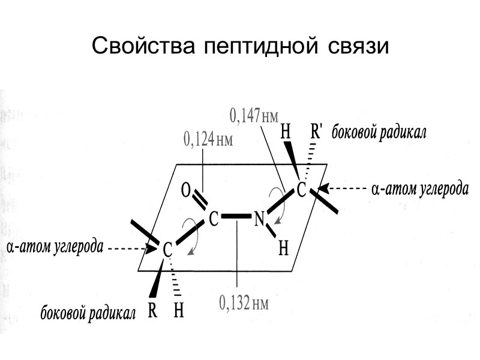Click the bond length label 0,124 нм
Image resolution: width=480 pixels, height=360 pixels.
(207, 140)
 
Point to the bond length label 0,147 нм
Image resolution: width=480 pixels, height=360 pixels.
(255, 115)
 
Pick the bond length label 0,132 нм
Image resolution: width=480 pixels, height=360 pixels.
(243, 303)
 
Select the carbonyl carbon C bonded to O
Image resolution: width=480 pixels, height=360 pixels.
(213, 218)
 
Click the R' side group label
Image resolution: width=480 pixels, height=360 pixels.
(316, 132)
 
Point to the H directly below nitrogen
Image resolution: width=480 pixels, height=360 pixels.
(284, 247)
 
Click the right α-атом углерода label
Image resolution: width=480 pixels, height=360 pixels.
(419, 190)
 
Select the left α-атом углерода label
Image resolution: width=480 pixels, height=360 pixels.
(55, 247)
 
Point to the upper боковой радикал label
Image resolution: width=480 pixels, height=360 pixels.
(379, 133)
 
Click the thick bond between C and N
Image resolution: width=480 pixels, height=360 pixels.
(236, 215)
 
